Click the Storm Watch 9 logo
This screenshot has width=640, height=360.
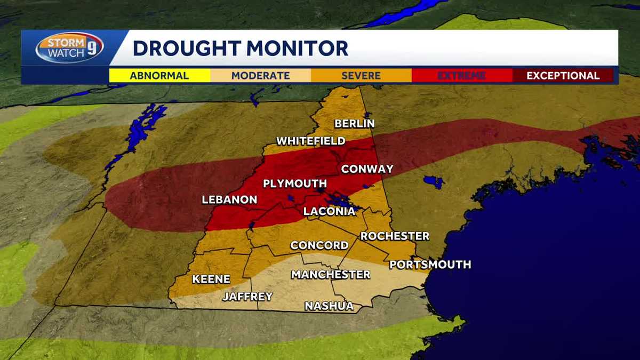click(69, 48)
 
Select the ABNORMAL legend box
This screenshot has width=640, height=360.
click(159, 76)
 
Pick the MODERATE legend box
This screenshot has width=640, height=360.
click(260, 76)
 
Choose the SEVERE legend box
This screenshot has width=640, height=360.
click(361, 76)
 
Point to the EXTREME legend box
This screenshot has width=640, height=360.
click(461, 76)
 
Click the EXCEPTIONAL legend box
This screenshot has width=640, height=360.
click(563, 76)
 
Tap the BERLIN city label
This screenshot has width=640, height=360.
click(355, 124)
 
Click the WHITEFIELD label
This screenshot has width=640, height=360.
click(310, 141)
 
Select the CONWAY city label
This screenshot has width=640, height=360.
click(367, 169)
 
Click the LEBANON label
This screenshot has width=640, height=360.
click(229, 200)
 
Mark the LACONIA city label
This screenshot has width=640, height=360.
click(329, 211)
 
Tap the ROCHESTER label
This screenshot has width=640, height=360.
click(395, 236)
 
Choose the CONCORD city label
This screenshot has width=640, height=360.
click(319, 245)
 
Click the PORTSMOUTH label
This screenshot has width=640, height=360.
click(430, 265)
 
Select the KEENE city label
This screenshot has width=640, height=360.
click(211, 279)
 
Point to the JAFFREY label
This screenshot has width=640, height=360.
click(247, 297)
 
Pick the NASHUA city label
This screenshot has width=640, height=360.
click(329, 306)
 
